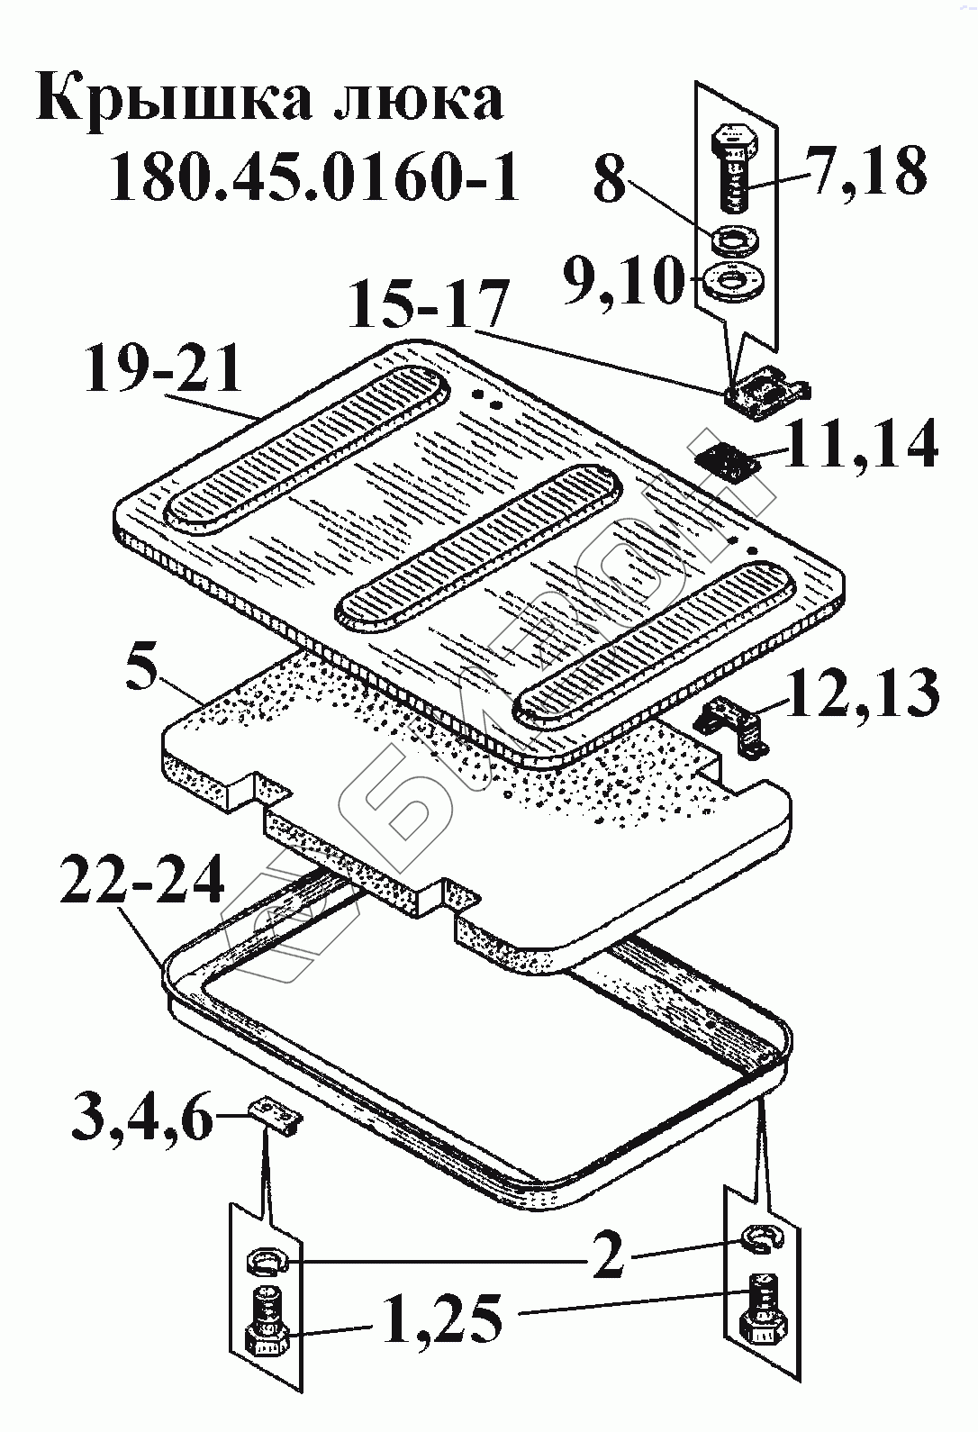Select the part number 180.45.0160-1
pyautogui.click(x=314, y=177)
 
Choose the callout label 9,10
pyautogui.click(x=620, y=282)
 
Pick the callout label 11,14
pyautogui.click(x=860, y=444)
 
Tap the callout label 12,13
pyautogui.click(x=863, y=692)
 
